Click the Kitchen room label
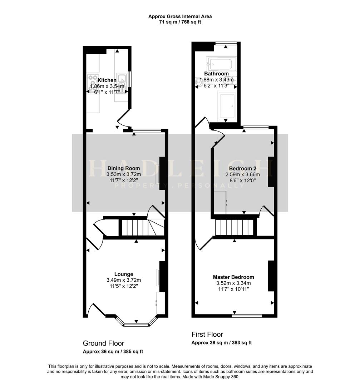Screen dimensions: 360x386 (x=107, y=80)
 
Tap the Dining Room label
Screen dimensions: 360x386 (x=124, y=168)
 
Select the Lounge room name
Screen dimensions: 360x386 (x=124, y=274)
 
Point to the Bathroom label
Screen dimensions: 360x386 (x=216, y=74)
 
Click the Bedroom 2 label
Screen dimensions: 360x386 (x=242, y=168)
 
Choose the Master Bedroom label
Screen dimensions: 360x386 (x=233, y=277)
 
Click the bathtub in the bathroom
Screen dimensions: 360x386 (x=221, y=64)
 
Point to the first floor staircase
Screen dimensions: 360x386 (x=235, y=228)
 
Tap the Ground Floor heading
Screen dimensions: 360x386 (x=103, y=343)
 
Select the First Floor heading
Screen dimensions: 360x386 (x=207, y=334)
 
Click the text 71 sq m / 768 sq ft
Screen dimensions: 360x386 (x=180, y=22)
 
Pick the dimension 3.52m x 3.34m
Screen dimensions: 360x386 (x=233, y=283)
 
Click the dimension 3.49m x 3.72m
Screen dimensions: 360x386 (x=124, y=280)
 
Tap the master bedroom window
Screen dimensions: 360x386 (x=247, y=316)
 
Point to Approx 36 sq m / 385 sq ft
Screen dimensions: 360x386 (x=113, y=352)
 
